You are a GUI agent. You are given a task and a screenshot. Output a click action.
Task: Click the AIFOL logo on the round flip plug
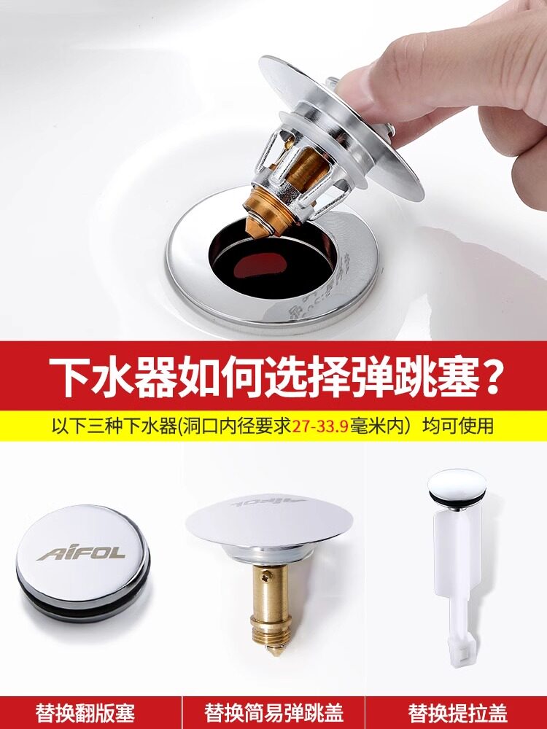coord(82,553)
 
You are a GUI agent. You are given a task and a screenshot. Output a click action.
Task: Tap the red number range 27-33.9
coord(320,426)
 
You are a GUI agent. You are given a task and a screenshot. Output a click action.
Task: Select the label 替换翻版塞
coord(85,713)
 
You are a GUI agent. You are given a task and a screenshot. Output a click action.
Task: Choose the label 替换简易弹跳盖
coord(273,713)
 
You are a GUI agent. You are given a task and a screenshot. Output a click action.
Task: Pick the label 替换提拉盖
coord(457,713)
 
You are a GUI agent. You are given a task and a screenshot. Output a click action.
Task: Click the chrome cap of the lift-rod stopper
coord(457,483)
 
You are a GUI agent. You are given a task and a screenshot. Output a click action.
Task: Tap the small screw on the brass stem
coord(266,577)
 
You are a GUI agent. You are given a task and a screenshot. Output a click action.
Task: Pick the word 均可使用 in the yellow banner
coord(457,426)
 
